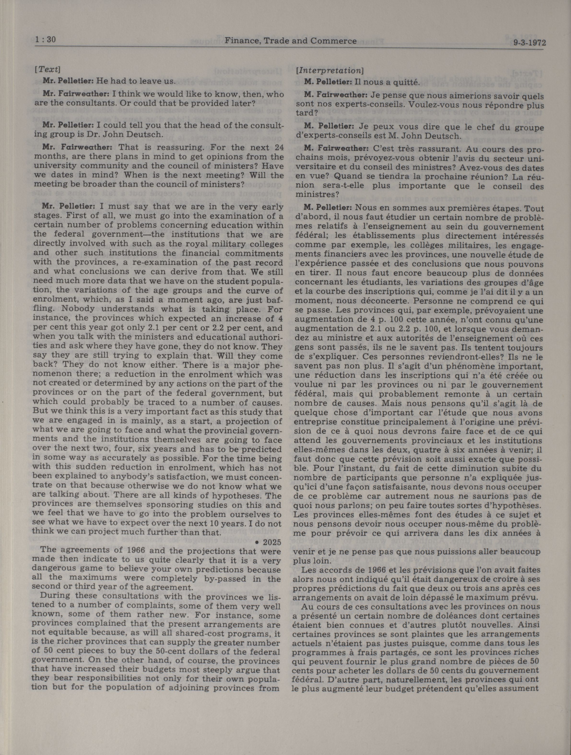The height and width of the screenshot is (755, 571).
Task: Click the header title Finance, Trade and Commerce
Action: tap(290, 41)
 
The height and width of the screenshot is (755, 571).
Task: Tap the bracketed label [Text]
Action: tap(47, 69)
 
